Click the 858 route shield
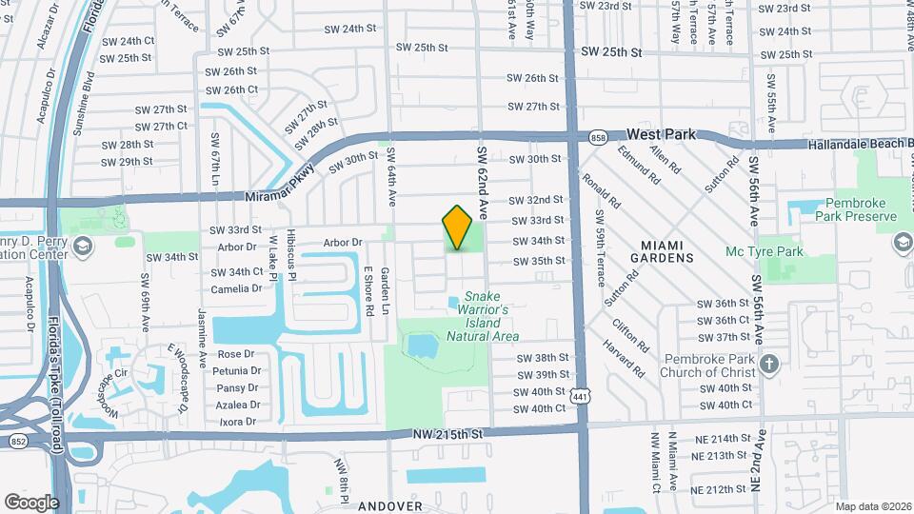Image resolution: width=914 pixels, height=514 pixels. point(598,136)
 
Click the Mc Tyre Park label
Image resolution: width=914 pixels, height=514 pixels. point(765,252)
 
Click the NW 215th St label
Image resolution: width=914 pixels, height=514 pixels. point(449,434)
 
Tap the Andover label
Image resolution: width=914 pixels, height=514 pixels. point(390,506)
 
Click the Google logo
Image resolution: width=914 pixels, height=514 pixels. point(31,502)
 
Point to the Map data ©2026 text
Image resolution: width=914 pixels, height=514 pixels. point(873,506)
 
